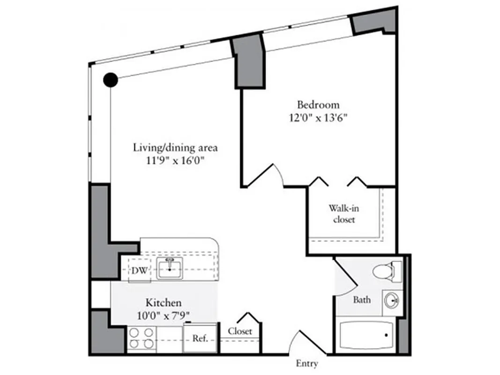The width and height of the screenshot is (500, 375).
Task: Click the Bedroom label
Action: click(x=318, y=105)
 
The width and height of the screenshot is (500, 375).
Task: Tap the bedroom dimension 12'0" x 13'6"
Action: click(x=318, y=118)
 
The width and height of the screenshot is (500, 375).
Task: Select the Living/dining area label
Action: click(x=175, y=148)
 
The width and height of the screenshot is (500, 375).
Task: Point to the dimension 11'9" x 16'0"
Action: click(x=175, y=161)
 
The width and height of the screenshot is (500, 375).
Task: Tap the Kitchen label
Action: click(x=163, y=303)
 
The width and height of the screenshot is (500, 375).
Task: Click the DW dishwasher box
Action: click(x=139, y=270)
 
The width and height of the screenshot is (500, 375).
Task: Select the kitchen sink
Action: click(x=169, y=268)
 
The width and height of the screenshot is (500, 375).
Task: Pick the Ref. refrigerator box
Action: click(x=200, y=337)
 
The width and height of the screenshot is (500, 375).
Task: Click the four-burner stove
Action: click(x=142, y=338)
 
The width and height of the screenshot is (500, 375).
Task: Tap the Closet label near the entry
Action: click(x=240, y=331)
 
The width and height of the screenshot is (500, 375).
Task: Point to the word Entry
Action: click(x=307, y=363)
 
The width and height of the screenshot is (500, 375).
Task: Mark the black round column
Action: click(x=111, y=80)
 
